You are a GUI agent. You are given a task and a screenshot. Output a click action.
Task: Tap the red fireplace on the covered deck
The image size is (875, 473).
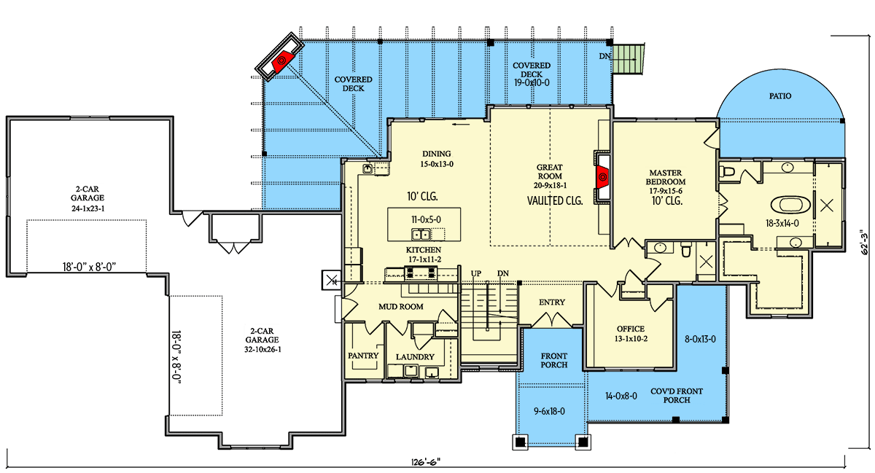282,61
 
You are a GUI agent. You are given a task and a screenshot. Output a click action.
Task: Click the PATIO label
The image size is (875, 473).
780,96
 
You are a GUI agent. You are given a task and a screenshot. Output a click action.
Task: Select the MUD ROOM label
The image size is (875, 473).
401,307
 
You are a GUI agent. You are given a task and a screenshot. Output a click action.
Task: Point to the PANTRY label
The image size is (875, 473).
363,356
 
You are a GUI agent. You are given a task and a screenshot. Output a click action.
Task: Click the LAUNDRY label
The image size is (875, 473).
415,357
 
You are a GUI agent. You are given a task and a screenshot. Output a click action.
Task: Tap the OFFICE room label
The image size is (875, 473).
631,329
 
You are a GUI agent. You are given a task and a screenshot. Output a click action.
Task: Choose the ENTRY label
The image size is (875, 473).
551,302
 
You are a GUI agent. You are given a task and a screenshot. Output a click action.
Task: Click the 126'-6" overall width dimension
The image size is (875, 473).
425,462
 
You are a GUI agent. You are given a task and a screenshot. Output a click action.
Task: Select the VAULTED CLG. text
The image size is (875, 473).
555,200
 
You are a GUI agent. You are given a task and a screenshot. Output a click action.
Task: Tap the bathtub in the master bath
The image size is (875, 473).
790,205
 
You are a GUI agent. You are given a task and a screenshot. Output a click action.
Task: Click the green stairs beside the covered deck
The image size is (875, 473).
628,59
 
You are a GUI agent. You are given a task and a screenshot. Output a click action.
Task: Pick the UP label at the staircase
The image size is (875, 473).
475,274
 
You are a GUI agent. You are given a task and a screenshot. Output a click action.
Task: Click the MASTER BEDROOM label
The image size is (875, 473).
665,177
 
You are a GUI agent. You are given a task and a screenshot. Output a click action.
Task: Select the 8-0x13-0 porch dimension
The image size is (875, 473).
700,339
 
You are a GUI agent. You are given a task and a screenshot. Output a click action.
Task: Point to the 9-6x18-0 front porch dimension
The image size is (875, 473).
549,411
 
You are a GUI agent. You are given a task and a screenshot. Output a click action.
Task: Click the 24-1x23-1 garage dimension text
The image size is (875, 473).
87,208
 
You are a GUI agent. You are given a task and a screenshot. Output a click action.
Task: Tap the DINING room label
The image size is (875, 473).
436,154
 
